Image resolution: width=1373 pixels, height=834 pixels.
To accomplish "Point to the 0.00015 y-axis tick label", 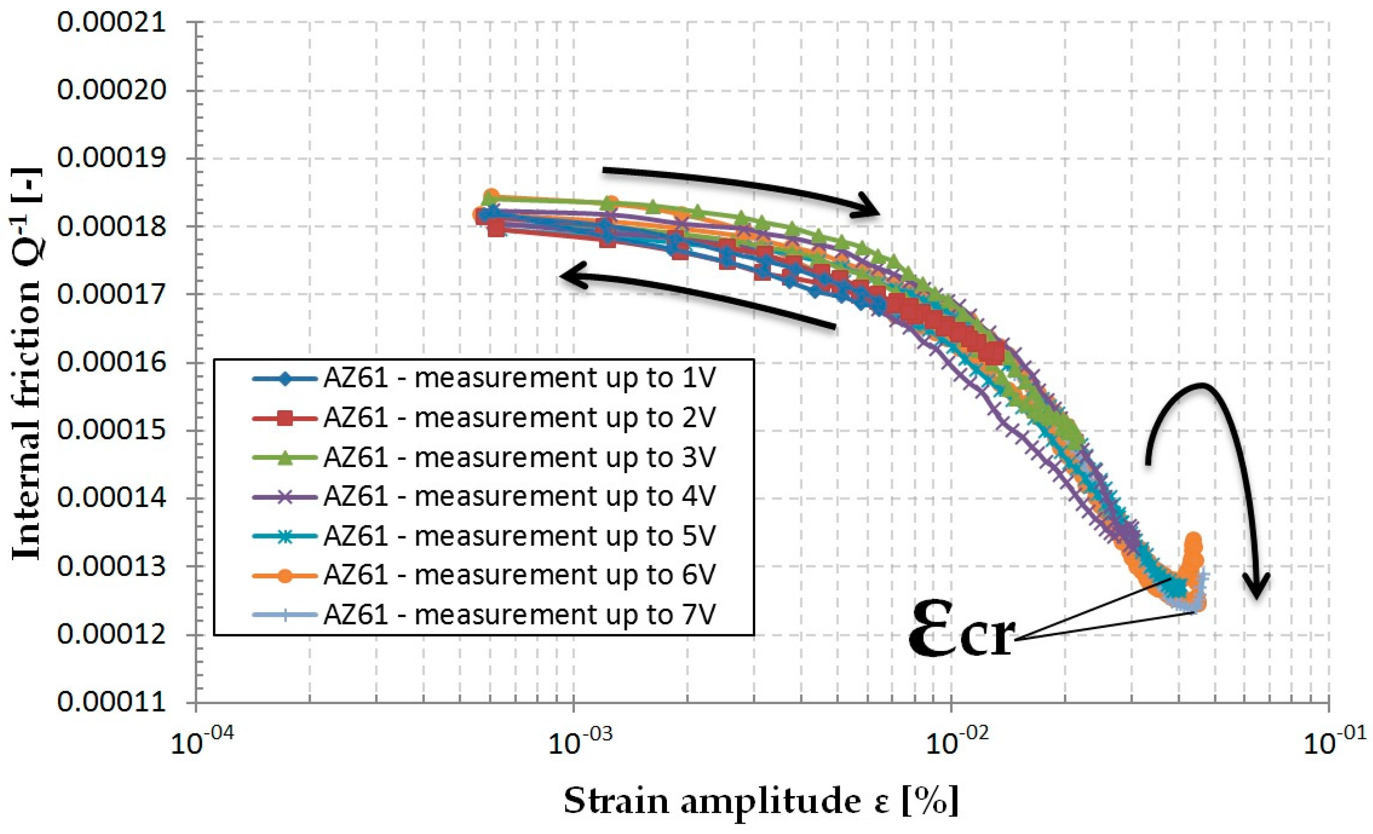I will click(111, 430).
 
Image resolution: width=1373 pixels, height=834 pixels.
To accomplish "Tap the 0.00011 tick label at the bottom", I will click(111, 702).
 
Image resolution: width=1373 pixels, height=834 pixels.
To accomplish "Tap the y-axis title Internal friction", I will click(28, 365).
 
